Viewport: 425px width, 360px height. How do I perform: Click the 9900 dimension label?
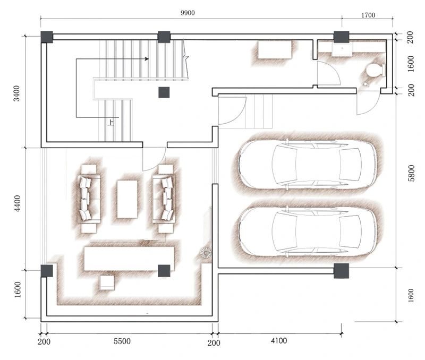pos(188,13)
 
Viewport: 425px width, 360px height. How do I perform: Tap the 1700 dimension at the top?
pos(368,15)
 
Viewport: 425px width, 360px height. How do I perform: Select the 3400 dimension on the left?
pos(17,93)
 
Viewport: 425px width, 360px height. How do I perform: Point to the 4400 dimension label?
pos(17,203)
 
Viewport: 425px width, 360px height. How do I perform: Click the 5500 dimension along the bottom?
pos(122,341)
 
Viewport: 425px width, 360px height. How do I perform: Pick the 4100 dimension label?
pos(278,340)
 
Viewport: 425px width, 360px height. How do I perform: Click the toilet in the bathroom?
pos(376,70)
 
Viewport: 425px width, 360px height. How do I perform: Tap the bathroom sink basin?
pos(342,49)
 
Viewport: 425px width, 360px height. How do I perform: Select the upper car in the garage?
pos(308,165)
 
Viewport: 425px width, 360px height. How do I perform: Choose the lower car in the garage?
pos(308,231)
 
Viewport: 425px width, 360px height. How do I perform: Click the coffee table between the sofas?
pos(127,199)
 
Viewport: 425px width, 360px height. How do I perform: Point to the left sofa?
pos(89,199)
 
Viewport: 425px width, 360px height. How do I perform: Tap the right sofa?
pos(164,199)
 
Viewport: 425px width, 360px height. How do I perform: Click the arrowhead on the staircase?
pos(147,59)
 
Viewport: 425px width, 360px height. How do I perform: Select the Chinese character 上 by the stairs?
pos(111,122)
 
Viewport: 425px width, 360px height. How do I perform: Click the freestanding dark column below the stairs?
pos(164,92)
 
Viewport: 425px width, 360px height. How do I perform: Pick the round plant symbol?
pos(206,253)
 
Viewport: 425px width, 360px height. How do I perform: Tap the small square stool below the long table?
pos(107,282)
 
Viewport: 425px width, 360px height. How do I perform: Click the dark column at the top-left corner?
pos(47,37)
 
